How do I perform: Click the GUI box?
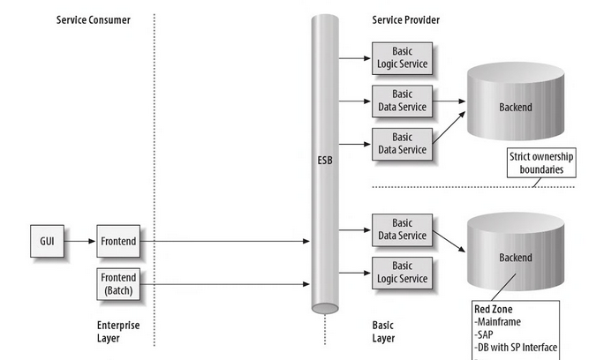(48, 240)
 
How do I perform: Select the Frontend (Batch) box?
(117, 283)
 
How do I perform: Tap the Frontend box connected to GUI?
(117, 240)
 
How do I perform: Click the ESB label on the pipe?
(325, 162)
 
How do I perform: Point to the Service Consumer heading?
(93, 20)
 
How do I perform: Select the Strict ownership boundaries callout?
(541, 162)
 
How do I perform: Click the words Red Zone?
(493, 310)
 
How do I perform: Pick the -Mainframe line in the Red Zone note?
(501, 322)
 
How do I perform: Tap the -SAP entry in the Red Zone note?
(487, 334)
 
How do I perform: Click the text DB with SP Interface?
(519, 347)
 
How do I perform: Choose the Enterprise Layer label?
(117, 331)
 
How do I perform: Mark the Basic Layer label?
(384, 331)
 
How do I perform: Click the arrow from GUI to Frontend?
(80, 240)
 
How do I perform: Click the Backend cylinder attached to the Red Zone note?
(516, 257)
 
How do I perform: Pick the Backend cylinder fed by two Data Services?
(516, 107)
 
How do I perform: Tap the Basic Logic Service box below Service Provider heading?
(402, 58)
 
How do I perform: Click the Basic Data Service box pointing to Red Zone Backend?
(402, 229)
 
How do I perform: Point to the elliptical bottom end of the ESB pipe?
(325, 308)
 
